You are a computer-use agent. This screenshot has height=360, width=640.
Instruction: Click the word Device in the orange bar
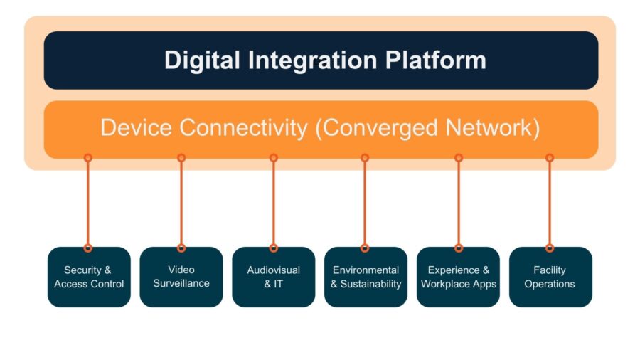pyautogui.click(x=136, y=128)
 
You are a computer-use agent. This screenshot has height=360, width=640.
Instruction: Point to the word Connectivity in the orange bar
pyautogui.click(x=239, y=128)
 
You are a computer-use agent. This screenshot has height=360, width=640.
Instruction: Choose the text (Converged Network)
pyautogui.click(x=425, y=128)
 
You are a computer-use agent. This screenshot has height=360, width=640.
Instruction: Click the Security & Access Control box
pyautogui.click(x=89, y=277)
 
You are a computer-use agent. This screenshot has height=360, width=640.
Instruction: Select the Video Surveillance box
pyautogui.click(x=181, y=277)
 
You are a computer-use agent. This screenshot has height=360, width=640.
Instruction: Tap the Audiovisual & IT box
pyautogui.click(x=274, y=277)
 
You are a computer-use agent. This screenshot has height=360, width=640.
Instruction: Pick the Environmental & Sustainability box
pyautogui.click(x=366, y=277)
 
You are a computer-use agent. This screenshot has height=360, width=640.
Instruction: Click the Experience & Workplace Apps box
pyautogui.click(x=459, y=277)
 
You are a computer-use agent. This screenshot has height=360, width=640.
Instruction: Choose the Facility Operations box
pyautogui.click(x=550, y=277)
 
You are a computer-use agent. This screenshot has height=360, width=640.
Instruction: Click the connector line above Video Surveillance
pyautogui.click(x=181, y=203)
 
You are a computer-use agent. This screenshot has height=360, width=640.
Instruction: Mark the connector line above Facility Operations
pyautogui.click(x=550, y=203)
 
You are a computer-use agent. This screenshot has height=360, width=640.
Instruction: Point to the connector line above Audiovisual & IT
pyautogui.click(x=274, y=203)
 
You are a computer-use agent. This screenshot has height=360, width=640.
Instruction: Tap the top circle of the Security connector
pyautogui.click(x=88, y=158)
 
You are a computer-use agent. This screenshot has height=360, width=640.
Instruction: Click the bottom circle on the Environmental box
pyautogui.click(x=365, y=248)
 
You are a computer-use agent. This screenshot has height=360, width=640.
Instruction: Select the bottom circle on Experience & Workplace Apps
pyautogui.click(x=459, y=248)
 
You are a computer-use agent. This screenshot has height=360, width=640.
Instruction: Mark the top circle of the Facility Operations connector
pyautogui.click(x=550, y=158)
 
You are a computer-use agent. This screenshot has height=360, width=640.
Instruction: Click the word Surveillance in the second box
pyautogui.click(x=181, y=284)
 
